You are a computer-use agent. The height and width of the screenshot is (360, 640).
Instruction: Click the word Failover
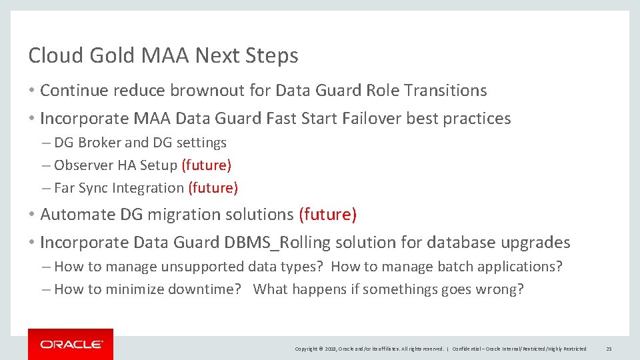click(x=371, y=119)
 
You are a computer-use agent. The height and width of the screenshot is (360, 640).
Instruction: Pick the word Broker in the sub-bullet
click(x=99, y=143)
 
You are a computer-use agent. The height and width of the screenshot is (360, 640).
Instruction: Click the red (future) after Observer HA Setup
click(x=206, y=165)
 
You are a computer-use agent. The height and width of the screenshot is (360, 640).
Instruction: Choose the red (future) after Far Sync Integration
click(x=213, y=188)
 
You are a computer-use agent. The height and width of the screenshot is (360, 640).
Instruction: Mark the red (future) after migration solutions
click(x=327, y=215)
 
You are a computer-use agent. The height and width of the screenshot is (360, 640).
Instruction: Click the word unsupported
click(x=201, y=267)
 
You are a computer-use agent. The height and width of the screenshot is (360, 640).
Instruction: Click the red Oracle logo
click(x=71, y=344)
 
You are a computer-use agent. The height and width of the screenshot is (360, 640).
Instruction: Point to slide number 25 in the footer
click(x=609, y=349)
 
